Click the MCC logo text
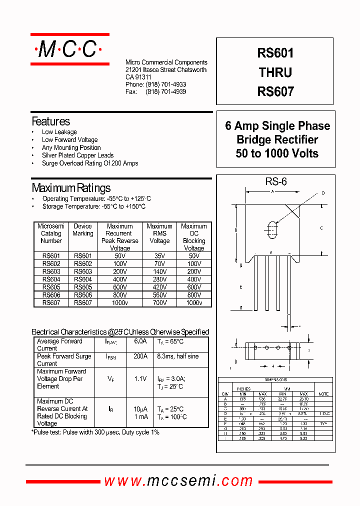(69, 49)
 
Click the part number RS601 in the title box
(275, 53)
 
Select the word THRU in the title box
(275, 72)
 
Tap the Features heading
(51, 121)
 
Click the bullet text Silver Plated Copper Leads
(77, 155)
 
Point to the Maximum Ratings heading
(71, 188)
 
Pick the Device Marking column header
(83, 230)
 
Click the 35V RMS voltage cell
(159, 256)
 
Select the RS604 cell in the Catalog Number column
(51, 279)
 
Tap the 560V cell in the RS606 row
(159, 295)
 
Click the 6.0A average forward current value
(140, 341)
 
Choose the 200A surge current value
(140, 356)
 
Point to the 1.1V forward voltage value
(140, 379)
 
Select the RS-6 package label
(276, 182)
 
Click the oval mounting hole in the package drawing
(272, 229)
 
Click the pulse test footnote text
(95, 432)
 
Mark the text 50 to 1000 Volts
(277, 153)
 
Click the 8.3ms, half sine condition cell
(177, 356)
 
